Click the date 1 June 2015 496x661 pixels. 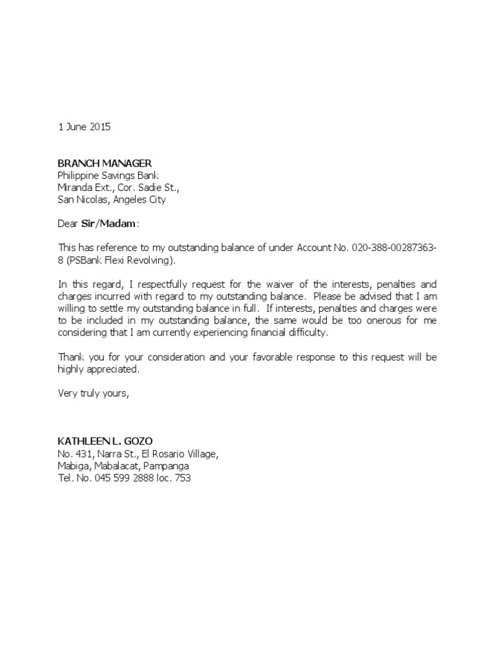[85, 127]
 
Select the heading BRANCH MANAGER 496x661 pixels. [105, 163]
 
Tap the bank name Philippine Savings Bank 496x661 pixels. [108, 176]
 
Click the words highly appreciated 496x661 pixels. [98, 369]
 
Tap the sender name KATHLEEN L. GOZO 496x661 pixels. [105, 442]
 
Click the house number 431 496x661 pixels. [84, 454]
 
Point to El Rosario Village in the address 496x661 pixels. [178, 454]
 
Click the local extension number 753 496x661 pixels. [183, 478]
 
